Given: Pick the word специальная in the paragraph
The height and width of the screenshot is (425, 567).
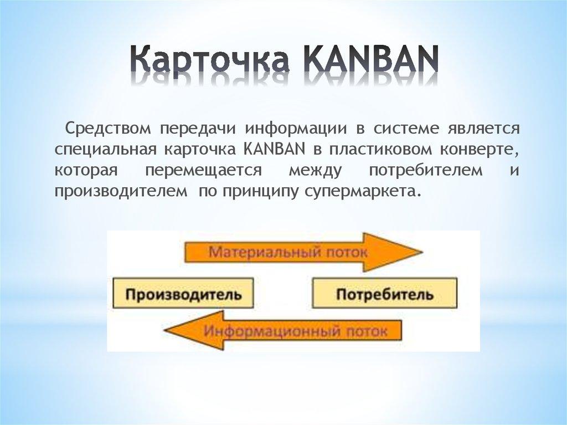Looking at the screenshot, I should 105,150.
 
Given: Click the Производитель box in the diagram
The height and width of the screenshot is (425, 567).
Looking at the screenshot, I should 183,294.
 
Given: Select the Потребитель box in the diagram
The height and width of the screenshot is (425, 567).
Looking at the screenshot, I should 385,294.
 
